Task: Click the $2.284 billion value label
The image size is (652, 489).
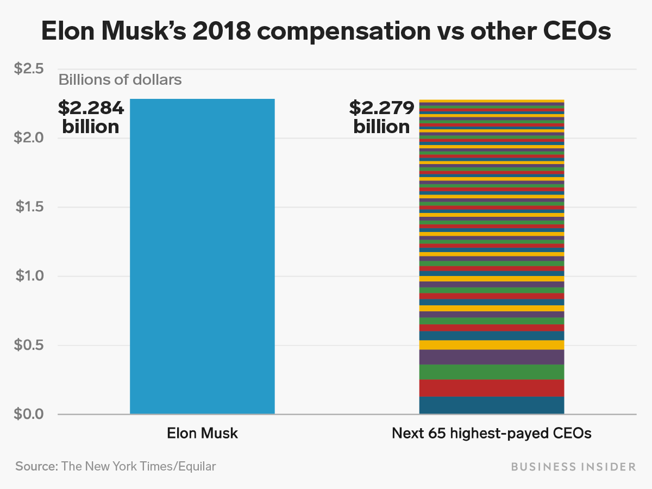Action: [x=91, y=117]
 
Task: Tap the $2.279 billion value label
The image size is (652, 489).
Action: [x=381, y=117]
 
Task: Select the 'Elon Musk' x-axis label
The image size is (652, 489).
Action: [x=202, y=434]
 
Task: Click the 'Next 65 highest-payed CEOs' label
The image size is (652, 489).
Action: [x=491, y=434]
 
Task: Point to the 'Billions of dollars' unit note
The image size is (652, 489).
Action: [x=120, y=80]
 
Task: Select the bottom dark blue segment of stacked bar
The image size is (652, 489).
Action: [x=491, y=405]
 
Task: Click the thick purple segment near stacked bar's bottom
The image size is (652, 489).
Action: [x=491, y=357]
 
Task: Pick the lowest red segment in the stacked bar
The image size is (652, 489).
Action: [x=491, y=388]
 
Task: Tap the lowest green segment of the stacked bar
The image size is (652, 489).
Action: [x=491, y=372]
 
